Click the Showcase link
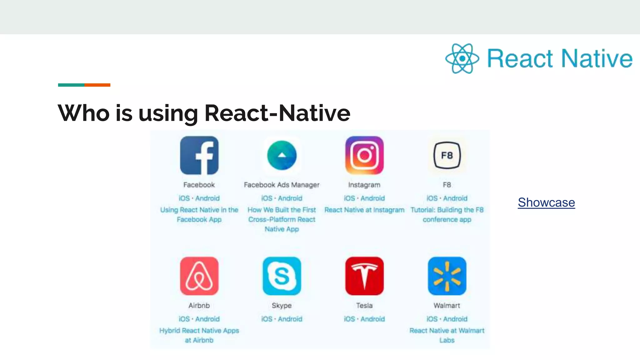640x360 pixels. tap(546, 202)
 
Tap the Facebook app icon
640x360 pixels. tap(199, 155)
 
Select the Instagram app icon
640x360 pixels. tap(364, 155)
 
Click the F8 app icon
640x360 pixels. tap(447, 155)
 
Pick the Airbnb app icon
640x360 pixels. tap(199, 276)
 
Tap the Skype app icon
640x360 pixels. tap(282, 276)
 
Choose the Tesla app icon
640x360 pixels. tap(364, 276)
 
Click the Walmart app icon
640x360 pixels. tap(447, 276)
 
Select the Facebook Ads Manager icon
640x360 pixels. tap(282, 155)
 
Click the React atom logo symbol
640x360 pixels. tap(462, 58)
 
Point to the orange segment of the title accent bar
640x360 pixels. tap(97, 85)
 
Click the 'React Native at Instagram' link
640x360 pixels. tap(364, 210)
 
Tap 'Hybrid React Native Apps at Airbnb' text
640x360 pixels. tap(199, 335)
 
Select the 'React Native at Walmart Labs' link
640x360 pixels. tap(447, 335)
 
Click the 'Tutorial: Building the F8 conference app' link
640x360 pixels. tap(447, 214)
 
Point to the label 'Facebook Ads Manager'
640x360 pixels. tap(282, 185)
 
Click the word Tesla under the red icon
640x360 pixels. tap(364, 305)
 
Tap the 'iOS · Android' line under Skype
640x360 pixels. tap(282, 319)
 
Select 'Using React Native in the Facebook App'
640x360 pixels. tap(199, 214)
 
